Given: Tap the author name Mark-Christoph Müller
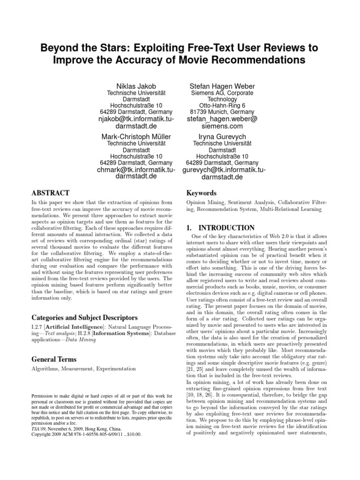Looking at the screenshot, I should pos(136,136).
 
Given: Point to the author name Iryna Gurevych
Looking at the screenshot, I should pos(222,136).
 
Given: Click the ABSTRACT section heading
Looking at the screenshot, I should pos(51,193).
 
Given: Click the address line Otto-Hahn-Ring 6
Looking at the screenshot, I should pos(222,105).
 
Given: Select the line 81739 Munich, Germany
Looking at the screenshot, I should pos(222,112).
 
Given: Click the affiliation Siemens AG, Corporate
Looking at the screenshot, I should pos(222,93).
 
